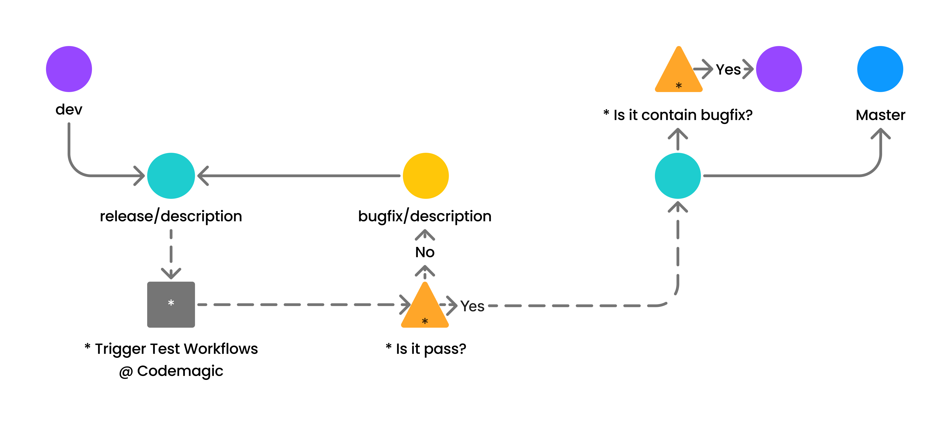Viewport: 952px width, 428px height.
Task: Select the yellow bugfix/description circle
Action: pyautogui.click(x=426, y=176)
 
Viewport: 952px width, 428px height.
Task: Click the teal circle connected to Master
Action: pyautogui.click(x=678, y=176)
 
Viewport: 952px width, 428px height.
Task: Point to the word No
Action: pyautogui.click(x=425, y=252)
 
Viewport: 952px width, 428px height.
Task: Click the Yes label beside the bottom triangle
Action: pyautogui.click(x=472, y=306)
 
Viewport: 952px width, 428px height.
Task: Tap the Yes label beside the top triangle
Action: pyautogui.click(x=728, y=69)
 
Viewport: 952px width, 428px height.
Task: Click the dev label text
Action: pyautogui.click(x=69, y=110)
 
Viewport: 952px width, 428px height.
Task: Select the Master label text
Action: pyautogui.click(x=880, y=115)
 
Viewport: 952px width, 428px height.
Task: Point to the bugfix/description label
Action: pyautogui.click(x=425, y=216)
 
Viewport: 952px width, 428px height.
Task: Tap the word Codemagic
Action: pyautogui.click(x=180, y=371)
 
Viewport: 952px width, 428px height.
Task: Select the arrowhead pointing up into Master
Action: pyautogui.click(x=881, y=133)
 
